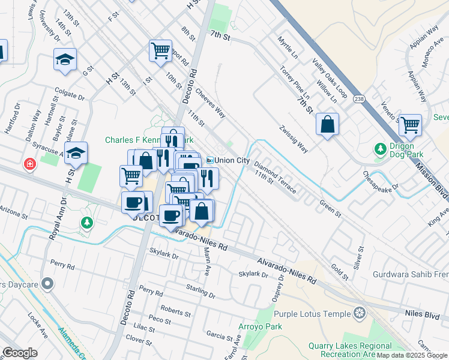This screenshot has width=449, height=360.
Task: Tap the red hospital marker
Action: point(29,164)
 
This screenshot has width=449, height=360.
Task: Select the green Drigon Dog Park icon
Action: point(380,148)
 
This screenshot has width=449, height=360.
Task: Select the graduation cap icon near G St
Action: point(65,59)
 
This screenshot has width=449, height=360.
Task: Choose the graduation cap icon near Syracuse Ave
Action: point(76,153)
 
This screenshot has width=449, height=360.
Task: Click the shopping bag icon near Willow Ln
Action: point(327,124)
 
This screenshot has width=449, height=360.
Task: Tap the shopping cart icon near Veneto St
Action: point(410,125)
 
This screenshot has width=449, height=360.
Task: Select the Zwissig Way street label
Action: point(294,139)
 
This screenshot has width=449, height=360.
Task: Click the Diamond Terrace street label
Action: point(275,176)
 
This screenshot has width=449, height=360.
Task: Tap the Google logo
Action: point(19,353)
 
